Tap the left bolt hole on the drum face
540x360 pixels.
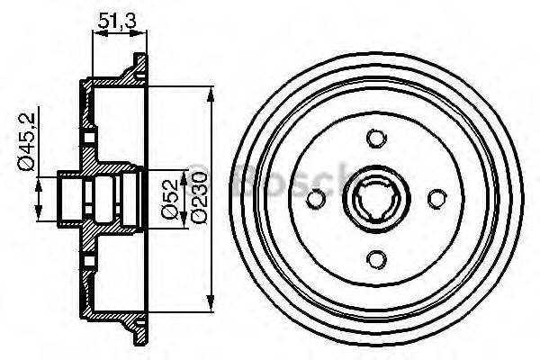tap(315, 199)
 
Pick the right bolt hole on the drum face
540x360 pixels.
tap(436, 199)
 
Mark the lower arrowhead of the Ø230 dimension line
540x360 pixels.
tap(211, 302)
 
